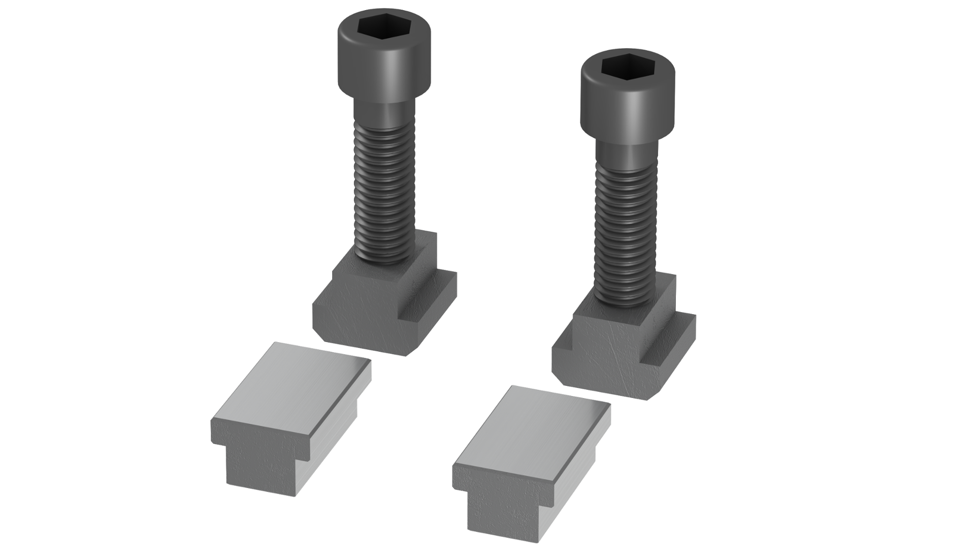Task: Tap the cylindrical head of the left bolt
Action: (384, 66)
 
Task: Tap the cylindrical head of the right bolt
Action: (628, 109)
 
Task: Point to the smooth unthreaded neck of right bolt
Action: (627, 155)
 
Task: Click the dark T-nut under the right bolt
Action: (599, 356)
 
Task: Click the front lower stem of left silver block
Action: (259, 468)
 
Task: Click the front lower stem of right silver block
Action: (500, 511)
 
